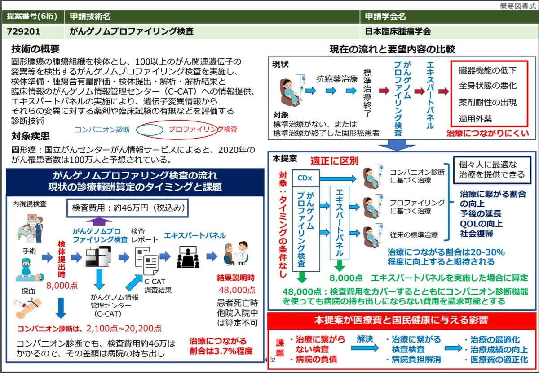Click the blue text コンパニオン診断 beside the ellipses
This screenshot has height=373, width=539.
point(102,130)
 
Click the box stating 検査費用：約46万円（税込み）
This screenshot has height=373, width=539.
point(127,208)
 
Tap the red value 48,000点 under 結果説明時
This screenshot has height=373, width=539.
point(237,290)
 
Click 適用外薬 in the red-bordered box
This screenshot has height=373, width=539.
point(475,119)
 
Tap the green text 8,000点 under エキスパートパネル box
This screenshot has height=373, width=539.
point(346,278)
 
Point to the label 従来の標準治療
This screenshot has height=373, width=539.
point(414,234)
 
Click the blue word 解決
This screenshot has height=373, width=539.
point(365,337)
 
